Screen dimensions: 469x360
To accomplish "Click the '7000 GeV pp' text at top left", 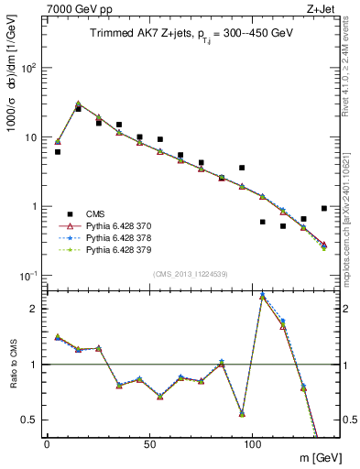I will tap(73, 7).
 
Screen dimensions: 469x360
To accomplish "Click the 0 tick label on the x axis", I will tap(47, 443).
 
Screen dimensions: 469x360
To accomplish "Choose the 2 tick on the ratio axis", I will tap(35, 309).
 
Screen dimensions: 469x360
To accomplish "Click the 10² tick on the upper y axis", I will tap(28, 69).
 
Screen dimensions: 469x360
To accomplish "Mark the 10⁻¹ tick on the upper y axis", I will tap(28, 276).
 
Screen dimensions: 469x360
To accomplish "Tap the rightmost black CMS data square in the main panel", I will tap(324, 208).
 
